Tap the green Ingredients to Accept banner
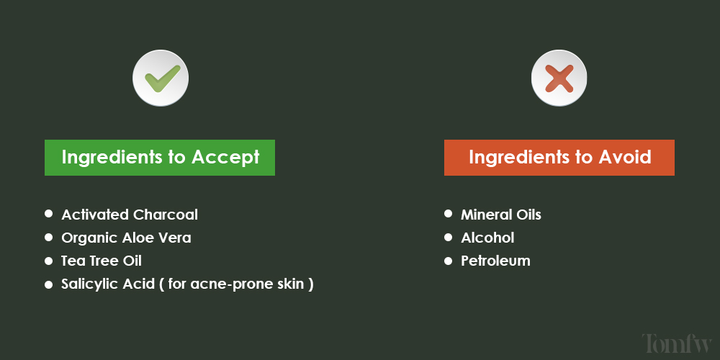[160, 158]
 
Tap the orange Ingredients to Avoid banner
[559, 158]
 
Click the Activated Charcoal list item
[130, 215]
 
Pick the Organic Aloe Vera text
[126, 238]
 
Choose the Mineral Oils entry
[501, 215]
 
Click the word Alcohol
[487, 238]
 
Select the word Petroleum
[495, 261]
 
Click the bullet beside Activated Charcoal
[49, 214]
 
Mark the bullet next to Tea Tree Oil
[49, 260]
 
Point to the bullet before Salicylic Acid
[49, 284]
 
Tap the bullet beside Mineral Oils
[448, 214]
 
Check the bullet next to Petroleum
[448, 260]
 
